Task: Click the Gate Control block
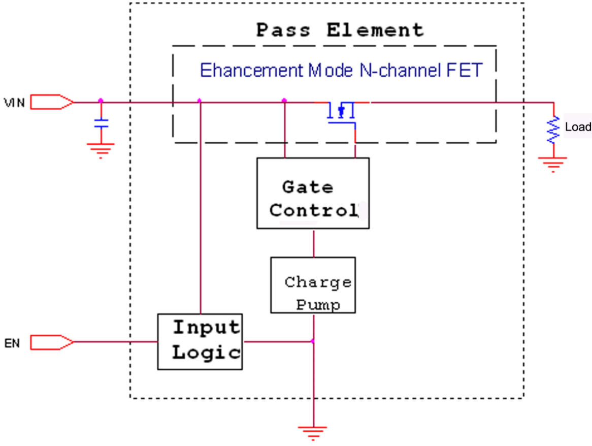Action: tap(313, 193)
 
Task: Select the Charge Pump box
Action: tap(313, 285)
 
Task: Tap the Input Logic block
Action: tap(200, 341)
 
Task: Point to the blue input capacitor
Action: tap(101, 123)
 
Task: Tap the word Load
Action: tap(578, 127)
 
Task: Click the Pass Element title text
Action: tap(340, 30)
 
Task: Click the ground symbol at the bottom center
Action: tap(313, 432)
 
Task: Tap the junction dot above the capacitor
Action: tap(101, 101)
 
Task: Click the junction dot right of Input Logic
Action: tap(313, 341)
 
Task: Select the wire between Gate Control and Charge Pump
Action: tap(313, 243)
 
